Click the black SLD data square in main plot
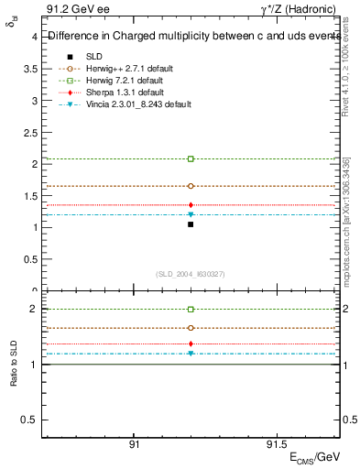[x=191, y=224]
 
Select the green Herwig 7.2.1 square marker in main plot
[x=191, y=158]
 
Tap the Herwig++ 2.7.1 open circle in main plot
[x=191, y=186]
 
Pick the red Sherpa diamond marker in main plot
[x=191, y=205]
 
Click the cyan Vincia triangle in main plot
[x=191, y=214]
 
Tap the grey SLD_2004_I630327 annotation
[x=191, y=274]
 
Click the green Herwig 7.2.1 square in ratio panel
[x=191, y=310]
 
